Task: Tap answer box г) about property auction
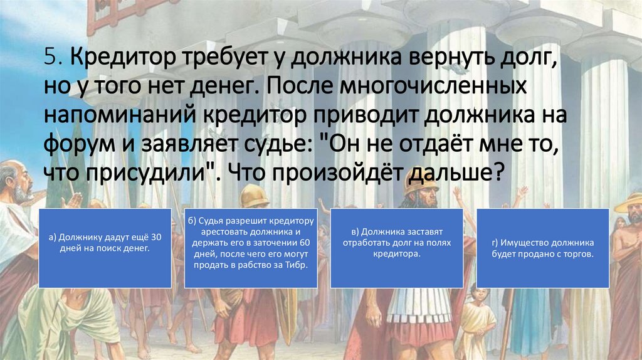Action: coord(542,248)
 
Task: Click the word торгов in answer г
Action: coord(573,254)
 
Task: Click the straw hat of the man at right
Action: coord(629,202)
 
